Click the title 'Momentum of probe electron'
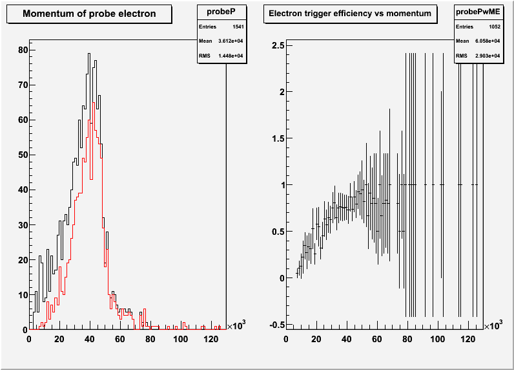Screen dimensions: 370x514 coord(89,14)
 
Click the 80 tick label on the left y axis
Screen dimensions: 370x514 coord(23,50)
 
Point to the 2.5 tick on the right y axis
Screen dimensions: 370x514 coord(277,45)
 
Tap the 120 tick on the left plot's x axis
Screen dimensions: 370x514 coord(211,338)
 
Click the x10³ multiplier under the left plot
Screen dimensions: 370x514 coord(236,326)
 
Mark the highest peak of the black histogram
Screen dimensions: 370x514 coord(89,54)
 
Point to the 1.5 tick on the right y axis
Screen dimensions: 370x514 coord(277,138)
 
